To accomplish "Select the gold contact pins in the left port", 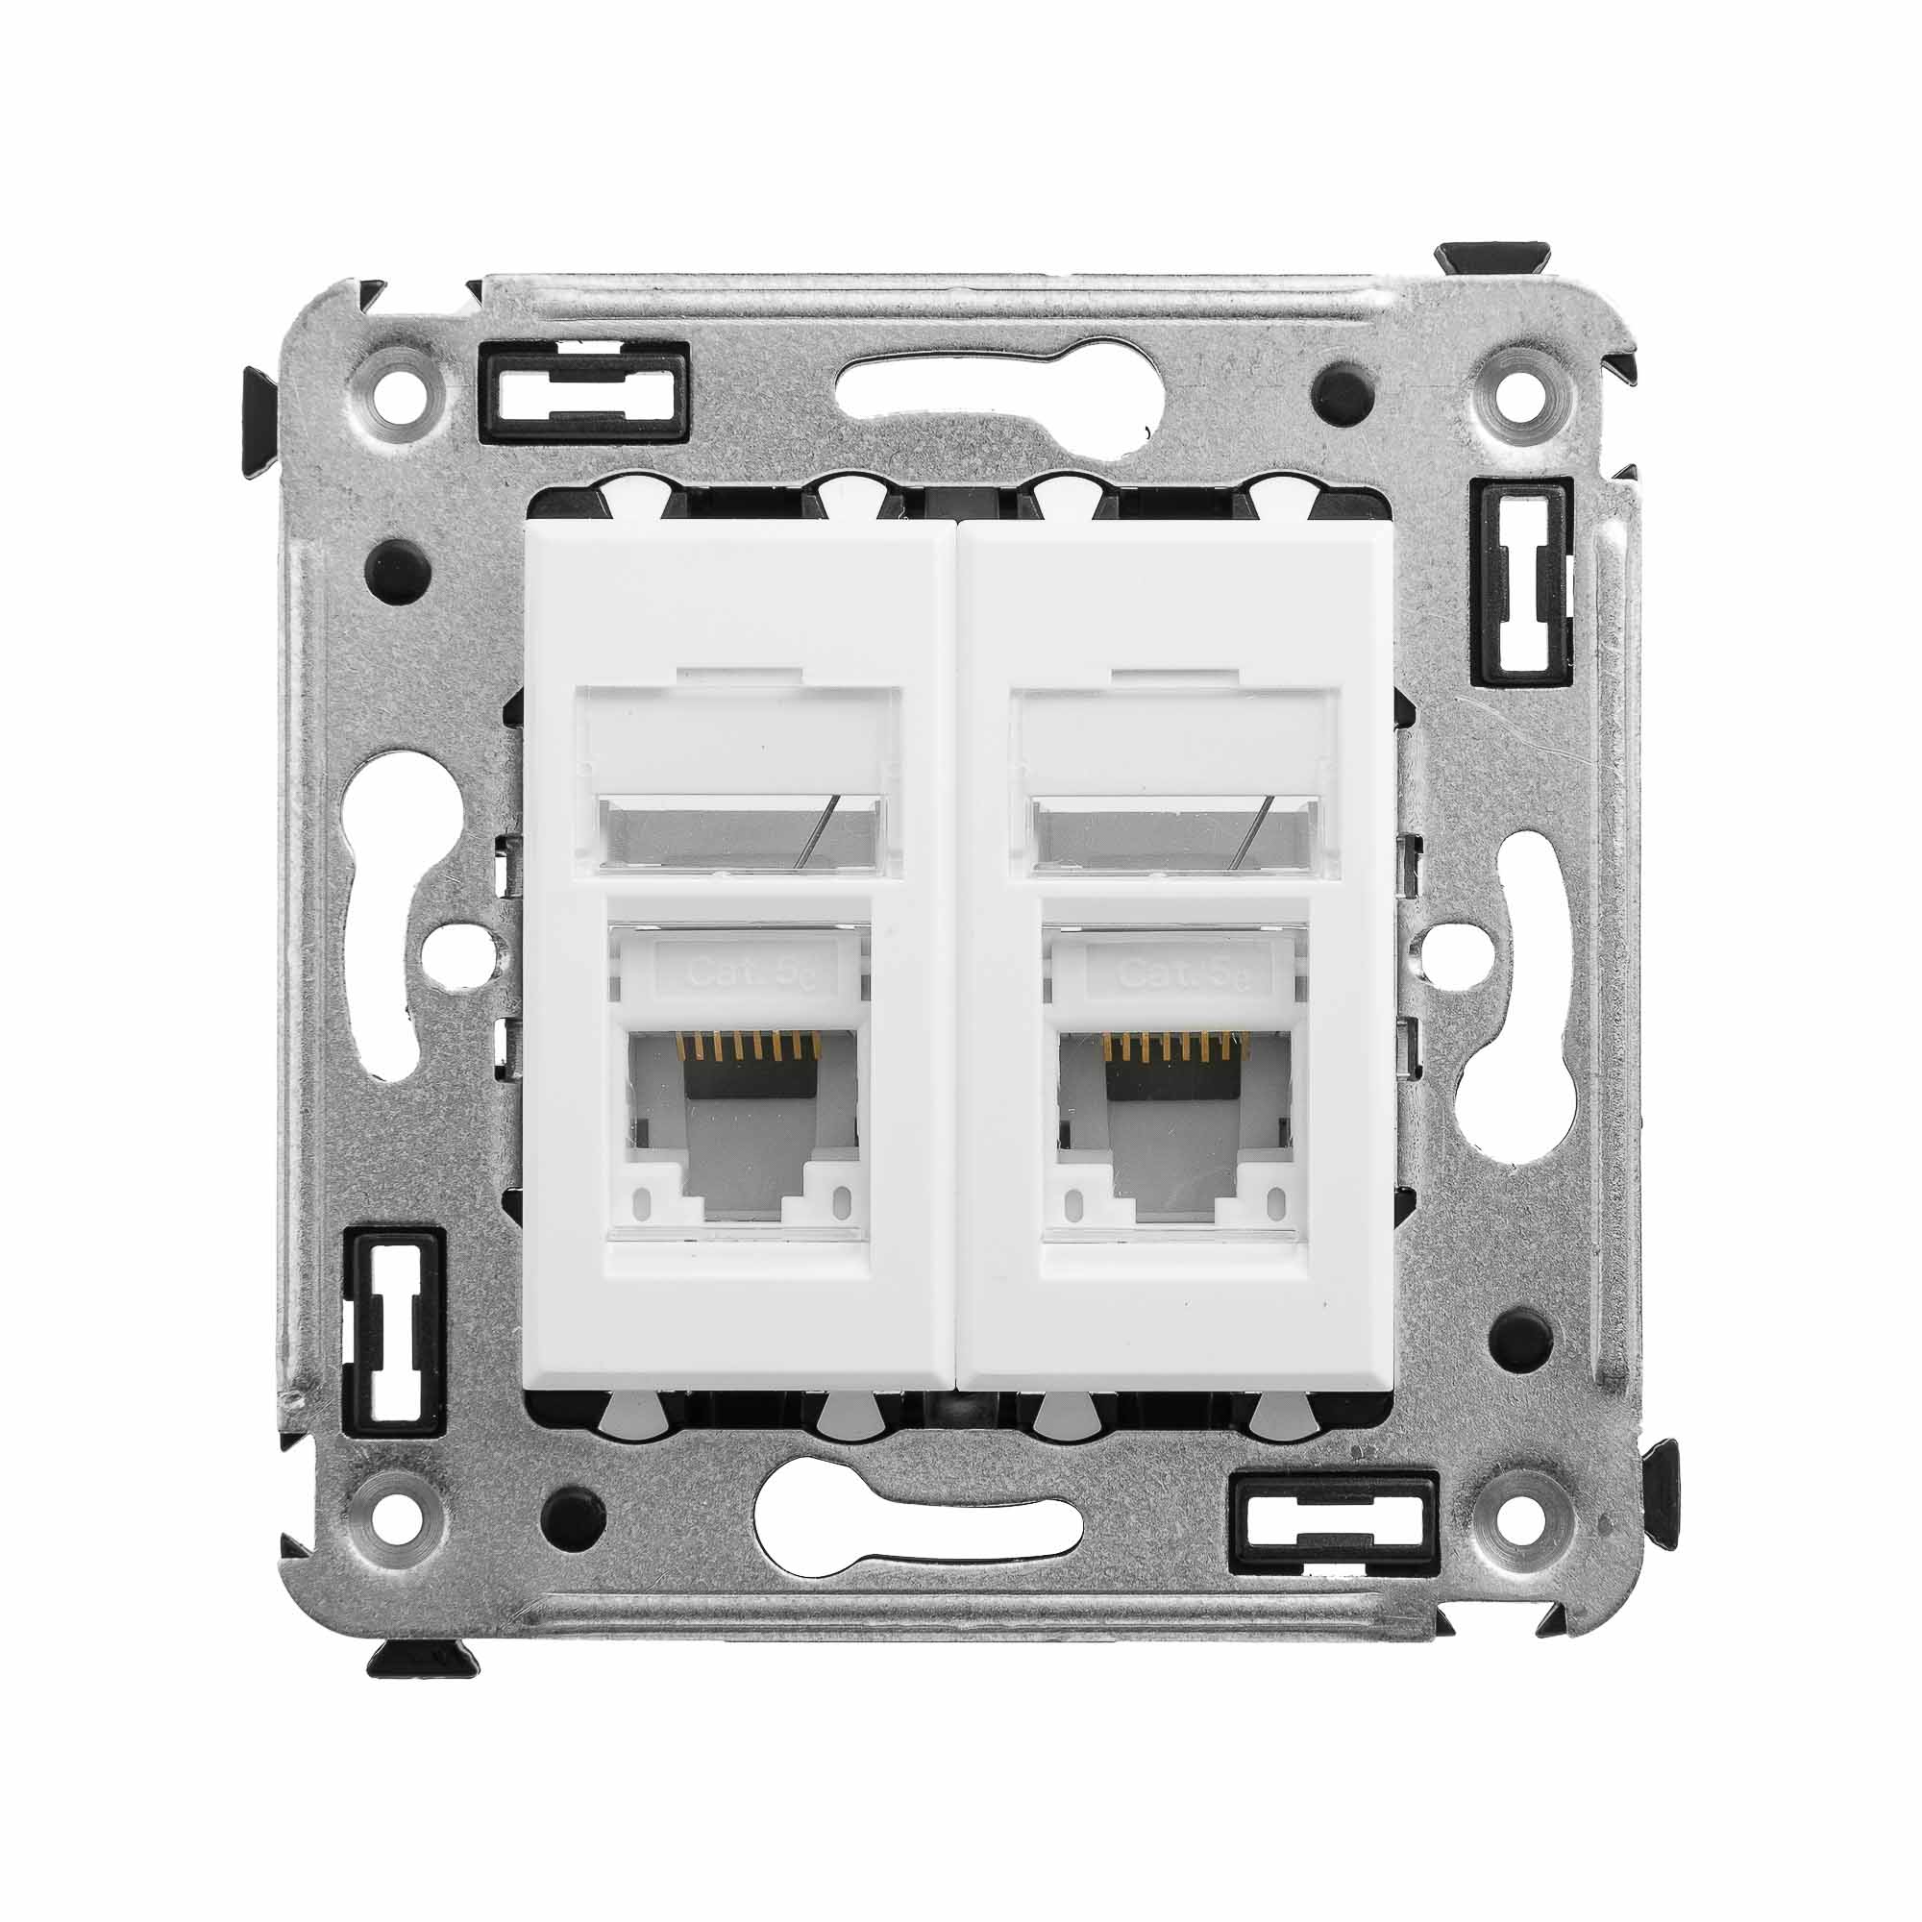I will (x=746, y=1044).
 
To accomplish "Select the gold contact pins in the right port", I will (x=1178, y=1044).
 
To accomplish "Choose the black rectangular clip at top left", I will (x=584, y=393).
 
